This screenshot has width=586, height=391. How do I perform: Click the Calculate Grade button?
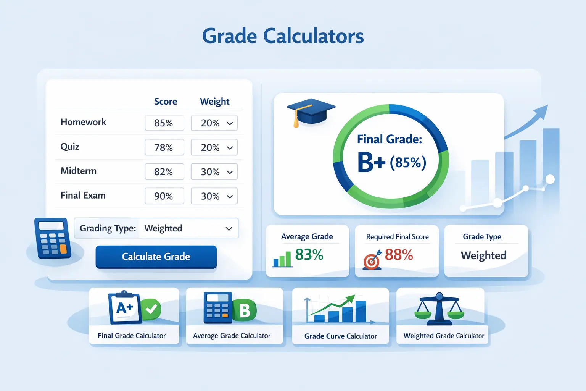pos(156,257)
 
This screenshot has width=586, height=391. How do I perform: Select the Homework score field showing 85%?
pos(164,123)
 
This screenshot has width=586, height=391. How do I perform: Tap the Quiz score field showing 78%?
pos(164,147)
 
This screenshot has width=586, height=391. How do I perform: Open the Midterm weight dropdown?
pos(230,172)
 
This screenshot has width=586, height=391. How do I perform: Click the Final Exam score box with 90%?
pos(164,196)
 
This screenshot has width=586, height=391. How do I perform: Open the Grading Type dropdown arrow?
pos(229,229)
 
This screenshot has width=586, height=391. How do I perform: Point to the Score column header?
pos(166,102)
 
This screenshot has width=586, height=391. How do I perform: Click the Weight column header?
pos(214,102)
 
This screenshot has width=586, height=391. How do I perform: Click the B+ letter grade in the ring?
pos(371,162)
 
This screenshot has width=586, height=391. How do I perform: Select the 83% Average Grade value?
pos(309,255)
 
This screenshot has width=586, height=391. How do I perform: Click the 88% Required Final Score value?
pos(399,255)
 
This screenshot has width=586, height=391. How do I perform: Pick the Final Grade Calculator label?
pos(132,336)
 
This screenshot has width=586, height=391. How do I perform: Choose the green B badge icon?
pos(245,310)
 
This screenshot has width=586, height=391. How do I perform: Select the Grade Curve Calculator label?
pos(341,336)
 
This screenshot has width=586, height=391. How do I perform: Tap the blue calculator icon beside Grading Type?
pos(53,238)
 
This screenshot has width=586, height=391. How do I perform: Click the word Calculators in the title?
pos(313,36)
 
